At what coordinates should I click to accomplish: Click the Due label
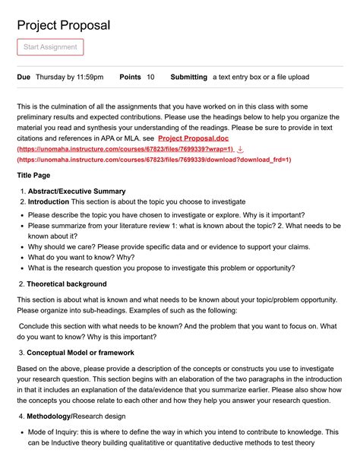tap(24, 77)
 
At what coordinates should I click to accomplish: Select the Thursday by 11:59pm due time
tap(70, 77)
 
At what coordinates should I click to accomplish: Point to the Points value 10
tap(150, 77)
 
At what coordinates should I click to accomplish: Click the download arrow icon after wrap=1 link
tap(241, 150)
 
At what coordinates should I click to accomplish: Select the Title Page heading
tap(35, 176)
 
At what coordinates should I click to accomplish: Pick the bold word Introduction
tap(49, 201)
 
